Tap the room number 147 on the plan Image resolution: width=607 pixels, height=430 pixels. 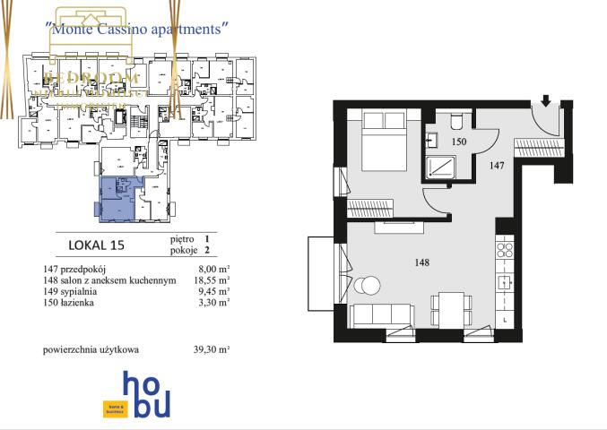click(x=499, y=164)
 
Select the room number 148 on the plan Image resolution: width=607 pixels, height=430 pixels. click(x=422, y=262)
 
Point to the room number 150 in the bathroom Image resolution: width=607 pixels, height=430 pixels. click(x=459, y=142)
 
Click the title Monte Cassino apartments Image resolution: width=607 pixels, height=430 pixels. click(x=135, y=29)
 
